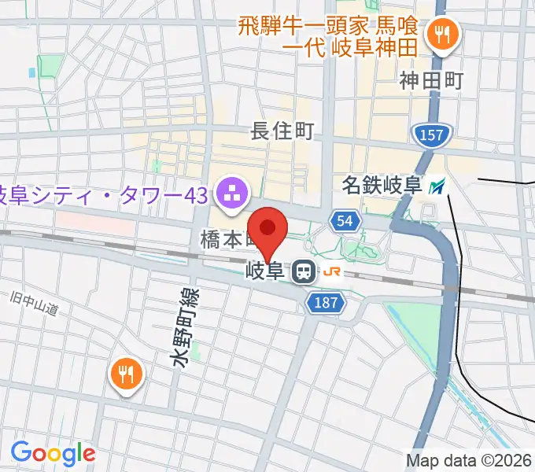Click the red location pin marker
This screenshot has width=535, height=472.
click(269, 229)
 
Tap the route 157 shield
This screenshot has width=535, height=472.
click(432, 135)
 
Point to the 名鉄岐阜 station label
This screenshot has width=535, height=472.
click(382, 186)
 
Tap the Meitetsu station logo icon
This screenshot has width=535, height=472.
click(437, 186)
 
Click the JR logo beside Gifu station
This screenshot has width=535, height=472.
click(333, 272)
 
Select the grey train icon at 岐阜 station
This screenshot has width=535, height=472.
click(301, 273)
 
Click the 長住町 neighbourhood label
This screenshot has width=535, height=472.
click(282, 131)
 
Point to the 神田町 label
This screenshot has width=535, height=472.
click(431, 79)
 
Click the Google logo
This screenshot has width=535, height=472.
click(53, 452)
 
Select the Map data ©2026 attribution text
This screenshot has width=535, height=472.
click(469, 460)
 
